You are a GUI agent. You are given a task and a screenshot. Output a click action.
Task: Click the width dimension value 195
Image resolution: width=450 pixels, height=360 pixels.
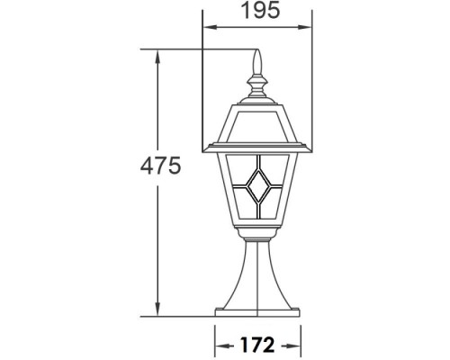256,12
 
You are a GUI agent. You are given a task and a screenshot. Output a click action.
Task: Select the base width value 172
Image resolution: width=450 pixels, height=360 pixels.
257,345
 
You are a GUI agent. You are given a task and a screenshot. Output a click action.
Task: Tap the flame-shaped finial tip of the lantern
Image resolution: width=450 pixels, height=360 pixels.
257,61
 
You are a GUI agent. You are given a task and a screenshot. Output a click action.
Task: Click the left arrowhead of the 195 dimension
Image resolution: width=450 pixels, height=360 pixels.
206,27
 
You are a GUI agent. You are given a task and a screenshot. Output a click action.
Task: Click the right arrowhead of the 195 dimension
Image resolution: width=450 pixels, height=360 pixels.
308,27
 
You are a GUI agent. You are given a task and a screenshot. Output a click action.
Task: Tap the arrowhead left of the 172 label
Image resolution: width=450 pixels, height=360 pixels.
219,345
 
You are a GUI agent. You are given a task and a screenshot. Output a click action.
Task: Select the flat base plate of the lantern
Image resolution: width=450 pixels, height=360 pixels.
257,311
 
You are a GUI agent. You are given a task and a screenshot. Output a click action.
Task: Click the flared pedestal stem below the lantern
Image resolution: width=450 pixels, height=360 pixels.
257,279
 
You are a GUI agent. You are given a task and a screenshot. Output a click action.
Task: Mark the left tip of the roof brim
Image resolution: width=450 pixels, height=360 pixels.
207,146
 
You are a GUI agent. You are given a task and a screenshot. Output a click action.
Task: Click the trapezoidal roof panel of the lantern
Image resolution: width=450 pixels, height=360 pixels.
257,123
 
